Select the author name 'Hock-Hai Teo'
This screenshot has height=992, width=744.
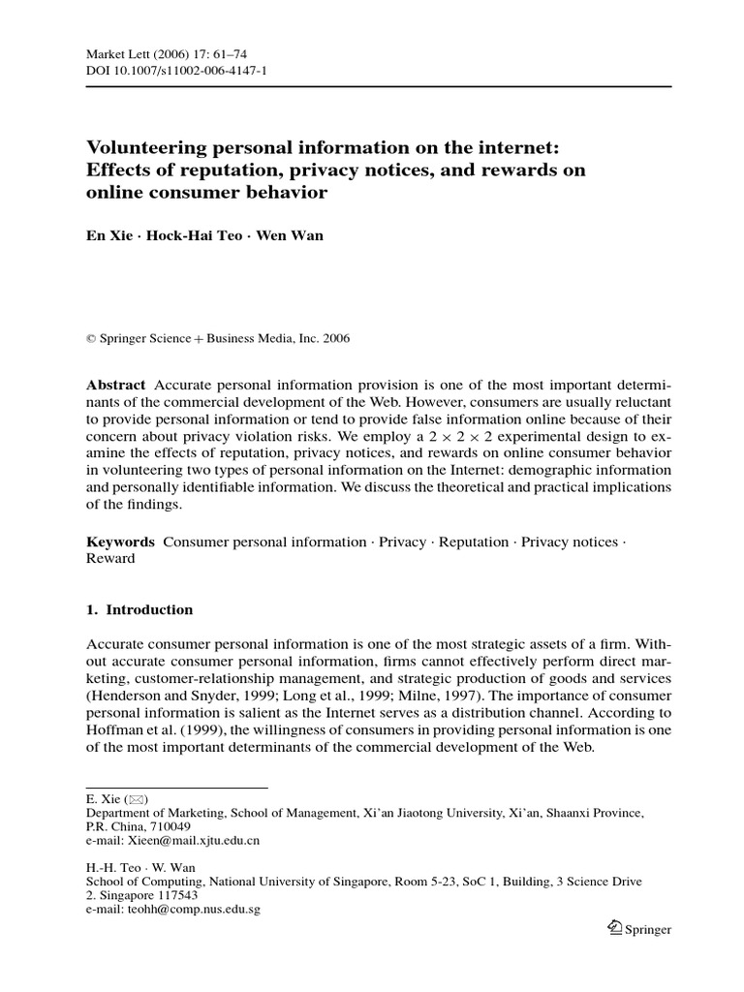click(189, 236)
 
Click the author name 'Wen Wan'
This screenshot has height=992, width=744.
click(290, 236)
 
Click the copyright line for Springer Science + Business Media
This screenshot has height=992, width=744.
click(218, 339)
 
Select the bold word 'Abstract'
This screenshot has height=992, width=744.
click(116, 385)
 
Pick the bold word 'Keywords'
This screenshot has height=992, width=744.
click(120, 542)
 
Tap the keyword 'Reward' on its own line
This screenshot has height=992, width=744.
click(110, 559)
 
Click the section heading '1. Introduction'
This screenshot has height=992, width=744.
click(139, 610)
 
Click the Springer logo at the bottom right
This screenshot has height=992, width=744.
click(637, 929)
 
